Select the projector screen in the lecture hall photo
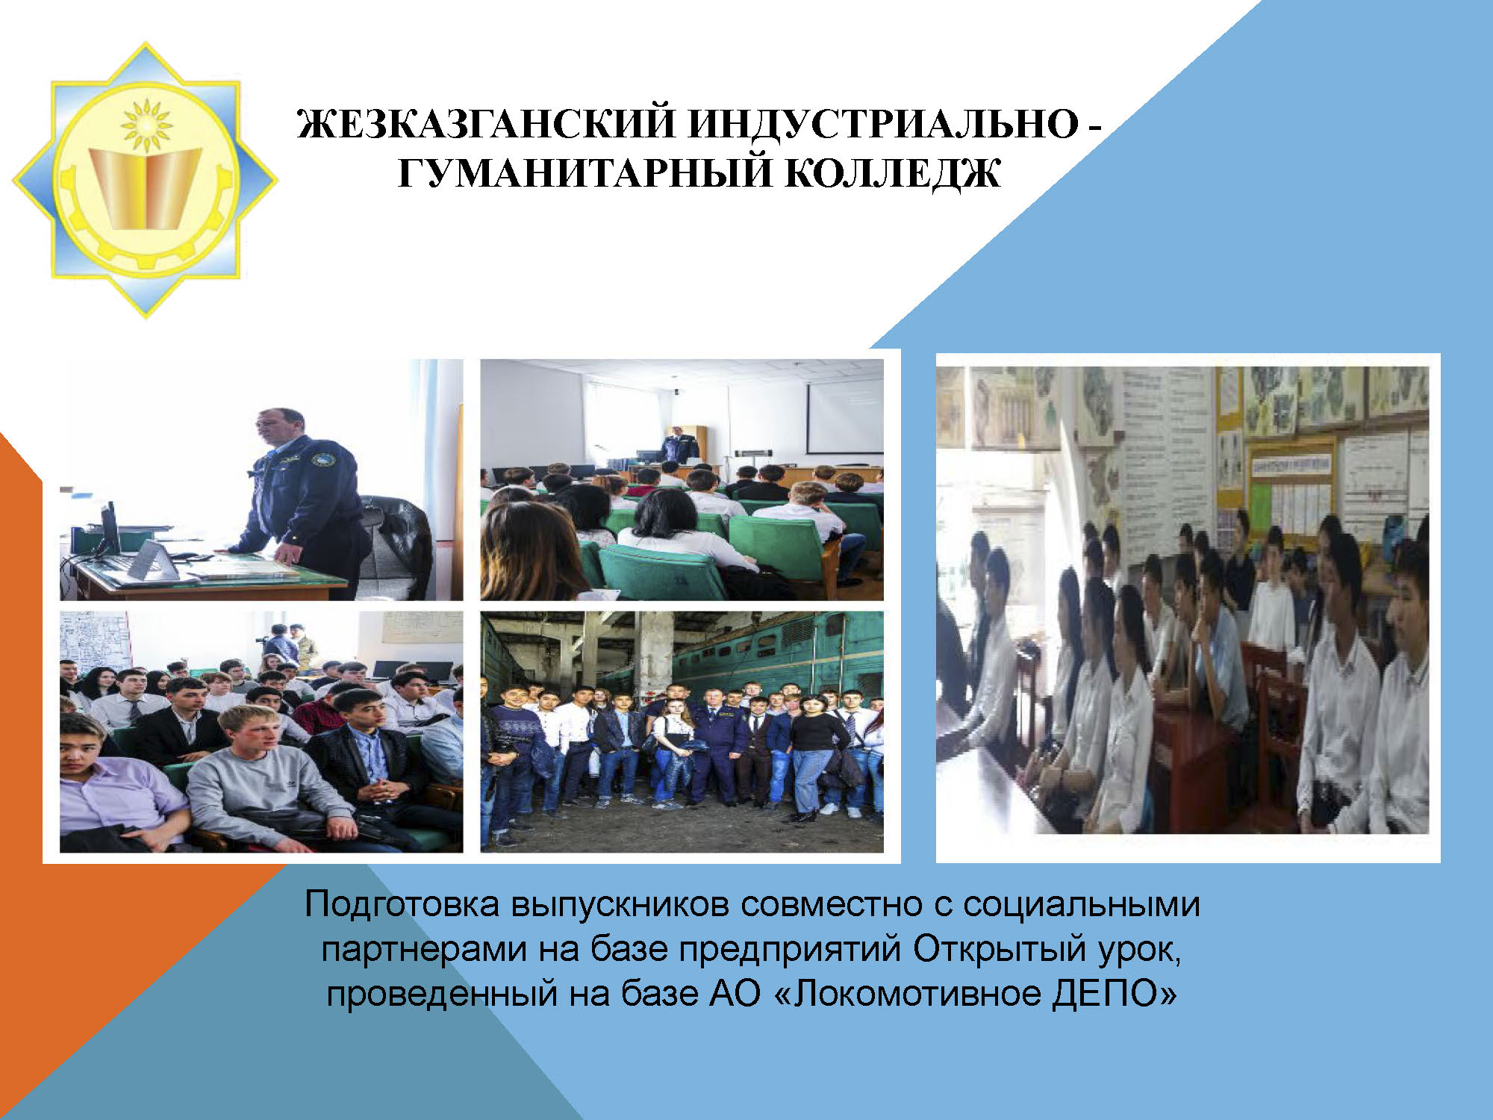point(844,417)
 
